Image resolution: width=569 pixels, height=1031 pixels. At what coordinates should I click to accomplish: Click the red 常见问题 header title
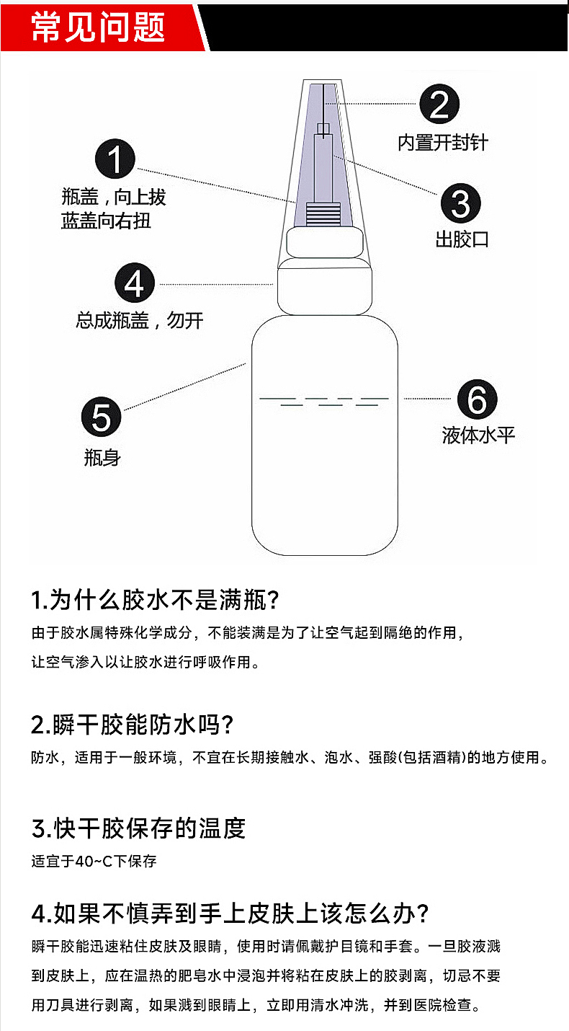click(98, 27)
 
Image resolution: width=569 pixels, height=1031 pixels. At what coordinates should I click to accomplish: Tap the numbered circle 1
click(115, 159)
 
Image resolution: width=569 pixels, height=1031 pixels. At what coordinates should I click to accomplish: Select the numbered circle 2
click(439, 104)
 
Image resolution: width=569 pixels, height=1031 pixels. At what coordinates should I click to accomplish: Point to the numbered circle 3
click(460, 203)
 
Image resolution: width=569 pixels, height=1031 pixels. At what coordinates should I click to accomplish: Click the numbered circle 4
click(134, 283)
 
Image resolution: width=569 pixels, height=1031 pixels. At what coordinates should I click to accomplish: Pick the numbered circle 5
click(102, 417)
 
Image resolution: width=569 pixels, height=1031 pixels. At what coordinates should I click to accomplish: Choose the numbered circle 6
click(477, 399)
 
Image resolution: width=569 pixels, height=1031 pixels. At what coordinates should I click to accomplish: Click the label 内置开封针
click(442, 143)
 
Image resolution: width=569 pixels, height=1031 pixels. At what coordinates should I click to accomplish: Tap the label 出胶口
click(462, 239)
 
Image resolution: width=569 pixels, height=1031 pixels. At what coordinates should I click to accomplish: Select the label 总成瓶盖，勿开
click(140, 320)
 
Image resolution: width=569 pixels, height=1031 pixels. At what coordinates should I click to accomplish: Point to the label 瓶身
click(102, 458)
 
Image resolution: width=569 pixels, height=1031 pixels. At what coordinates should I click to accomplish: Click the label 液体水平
click(478, 435)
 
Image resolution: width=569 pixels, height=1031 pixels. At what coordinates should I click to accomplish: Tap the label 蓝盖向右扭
click(106, 221)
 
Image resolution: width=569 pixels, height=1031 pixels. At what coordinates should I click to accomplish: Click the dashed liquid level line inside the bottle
click(324, 402)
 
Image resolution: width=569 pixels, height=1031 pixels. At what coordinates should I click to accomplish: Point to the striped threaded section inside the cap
click(324, 214)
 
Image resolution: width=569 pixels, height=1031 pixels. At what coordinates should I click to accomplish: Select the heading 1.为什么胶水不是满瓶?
click(155, 600)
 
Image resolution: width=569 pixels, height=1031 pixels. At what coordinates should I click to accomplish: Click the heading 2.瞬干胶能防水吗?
click(133, 725)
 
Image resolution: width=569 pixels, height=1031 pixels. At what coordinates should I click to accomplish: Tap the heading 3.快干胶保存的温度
click(138, 828)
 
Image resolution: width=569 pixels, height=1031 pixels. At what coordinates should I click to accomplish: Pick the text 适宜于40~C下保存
click(94, 861)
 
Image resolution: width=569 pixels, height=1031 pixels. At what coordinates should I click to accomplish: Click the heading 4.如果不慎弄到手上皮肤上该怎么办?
click(230, 913)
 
